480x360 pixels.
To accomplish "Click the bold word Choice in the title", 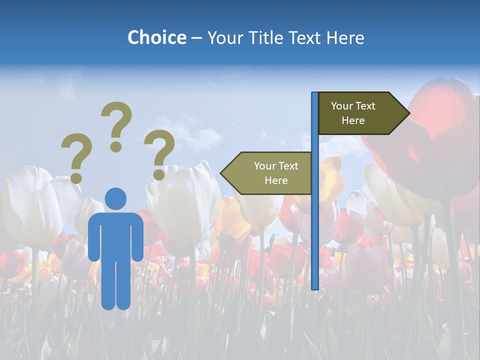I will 156,37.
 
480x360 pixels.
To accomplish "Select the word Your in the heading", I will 225,37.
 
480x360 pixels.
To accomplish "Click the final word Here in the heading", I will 345,37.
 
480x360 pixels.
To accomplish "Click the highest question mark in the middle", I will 116,126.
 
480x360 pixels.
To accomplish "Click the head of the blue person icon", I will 116,198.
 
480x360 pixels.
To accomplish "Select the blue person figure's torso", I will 116,235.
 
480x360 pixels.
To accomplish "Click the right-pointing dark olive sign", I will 357,113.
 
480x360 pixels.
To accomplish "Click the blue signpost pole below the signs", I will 315,240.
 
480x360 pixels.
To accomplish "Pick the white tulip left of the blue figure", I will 30,205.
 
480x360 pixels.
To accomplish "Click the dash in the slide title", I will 196,38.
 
